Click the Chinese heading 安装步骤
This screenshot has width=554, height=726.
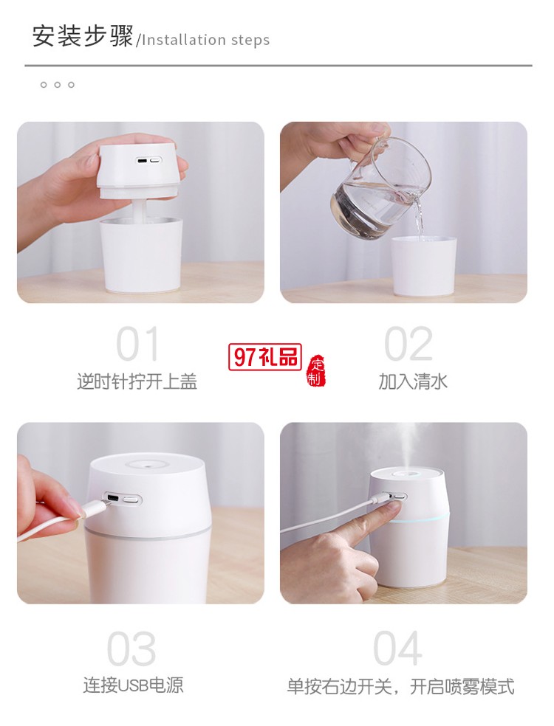[83, 36]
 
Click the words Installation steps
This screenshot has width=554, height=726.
[205, 40]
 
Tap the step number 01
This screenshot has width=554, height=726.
[138, 345]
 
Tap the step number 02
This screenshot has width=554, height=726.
[408, 345]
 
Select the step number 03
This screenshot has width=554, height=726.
[131, 649]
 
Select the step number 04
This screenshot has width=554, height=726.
[397, 649]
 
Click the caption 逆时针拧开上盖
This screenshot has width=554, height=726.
[137, 381]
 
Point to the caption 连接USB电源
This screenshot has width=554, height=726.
[133, 685]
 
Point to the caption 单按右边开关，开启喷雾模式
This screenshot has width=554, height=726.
[400, 686]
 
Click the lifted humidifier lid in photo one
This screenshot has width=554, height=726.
[140, 170]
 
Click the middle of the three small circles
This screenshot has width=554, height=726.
[57, 85]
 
